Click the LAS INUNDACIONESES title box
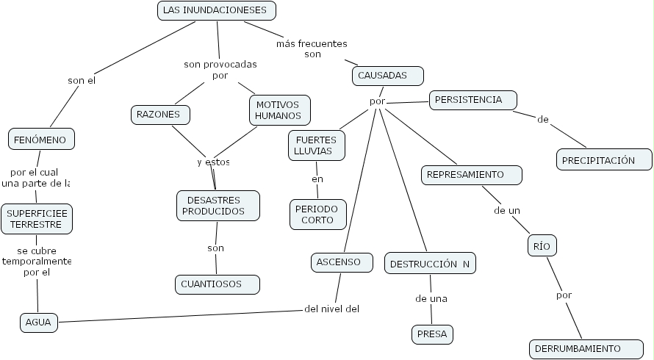pos(217,10)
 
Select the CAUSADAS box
pos(388,76)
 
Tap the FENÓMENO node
pos(41,138)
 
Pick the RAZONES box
pos(160,115)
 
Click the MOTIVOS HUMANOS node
pos(279,110)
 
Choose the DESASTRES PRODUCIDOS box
pos(218,206)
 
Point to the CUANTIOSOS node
pos(218,284)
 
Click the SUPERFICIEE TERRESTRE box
pos(37,219)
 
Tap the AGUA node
pos(39,322)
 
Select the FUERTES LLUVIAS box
pos(316,145)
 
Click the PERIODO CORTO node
pos(317,214)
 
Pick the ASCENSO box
pos(339,262)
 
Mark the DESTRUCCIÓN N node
pos(430,264)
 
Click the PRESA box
pos(431,334)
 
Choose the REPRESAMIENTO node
pos(472,175)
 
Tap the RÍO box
pos(542,246)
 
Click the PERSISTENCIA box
pos(473,99)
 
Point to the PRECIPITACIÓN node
pos(604,160)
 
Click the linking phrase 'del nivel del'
pos(331,309)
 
